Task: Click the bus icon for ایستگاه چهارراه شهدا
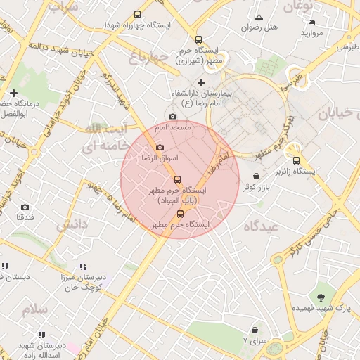(x=137, y=13)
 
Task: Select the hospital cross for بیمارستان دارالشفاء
(x=201, y=83)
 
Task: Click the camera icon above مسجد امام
(x=172, y=117)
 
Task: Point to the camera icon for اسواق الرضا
(x=160, y=148)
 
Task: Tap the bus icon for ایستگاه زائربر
(x=295, y=160)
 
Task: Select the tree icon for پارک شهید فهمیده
(x=321, y=297)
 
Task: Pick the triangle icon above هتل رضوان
(x=259, y=17)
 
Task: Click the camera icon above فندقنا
(x=25, y=207)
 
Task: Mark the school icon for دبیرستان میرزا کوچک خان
(x=84, y=266)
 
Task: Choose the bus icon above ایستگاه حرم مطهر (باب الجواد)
(x=176, y=179)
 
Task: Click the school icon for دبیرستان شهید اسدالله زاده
(x=41, y=335)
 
